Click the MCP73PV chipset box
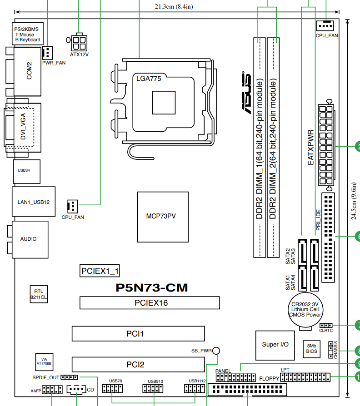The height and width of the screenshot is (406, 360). pos(163,217)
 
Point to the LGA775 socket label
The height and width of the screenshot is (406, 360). pos(149,79)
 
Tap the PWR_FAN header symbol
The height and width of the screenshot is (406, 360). pos(47,53)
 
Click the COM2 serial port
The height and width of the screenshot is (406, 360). pos(27,71)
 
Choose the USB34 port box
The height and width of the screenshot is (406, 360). pos(27,171)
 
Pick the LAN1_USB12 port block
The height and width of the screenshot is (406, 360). pos(34,202)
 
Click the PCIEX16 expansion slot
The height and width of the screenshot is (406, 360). pos(150,303)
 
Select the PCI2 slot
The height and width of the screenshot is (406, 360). pos(138,365)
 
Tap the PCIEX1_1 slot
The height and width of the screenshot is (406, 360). pos(100,271)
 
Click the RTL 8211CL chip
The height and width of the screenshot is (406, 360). pos(39,294)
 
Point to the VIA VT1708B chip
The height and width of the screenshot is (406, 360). pos(45,362)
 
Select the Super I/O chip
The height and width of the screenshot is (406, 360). pos(275,345)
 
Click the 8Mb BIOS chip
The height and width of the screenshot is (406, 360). pos(311,349)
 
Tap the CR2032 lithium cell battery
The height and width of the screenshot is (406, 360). pos(305,310)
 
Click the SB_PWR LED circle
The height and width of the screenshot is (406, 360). pos(216,351)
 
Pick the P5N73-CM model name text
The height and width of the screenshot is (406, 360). pos(152,287)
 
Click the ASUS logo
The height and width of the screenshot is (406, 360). pos(246,93)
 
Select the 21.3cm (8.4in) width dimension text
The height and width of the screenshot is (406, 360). pos(174,6)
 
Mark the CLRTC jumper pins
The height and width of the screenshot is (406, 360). pos(326,325)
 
